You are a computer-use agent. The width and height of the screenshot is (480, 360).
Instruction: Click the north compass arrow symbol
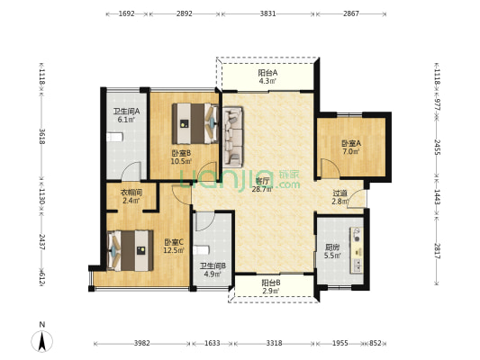click(x=42, y=341)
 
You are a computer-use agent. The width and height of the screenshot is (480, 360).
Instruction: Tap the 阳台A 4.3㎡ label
click(x=267, y=76)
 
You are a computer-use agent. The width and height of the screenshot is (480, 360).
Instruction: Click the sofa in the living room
click(x=232, y=137)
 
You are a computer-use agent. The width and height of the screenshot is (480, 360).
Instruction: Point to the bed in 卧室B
click(x=195, y=123)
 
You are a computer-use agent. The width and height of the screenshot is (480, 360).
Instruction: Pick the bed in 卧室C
click(x=130, y=250)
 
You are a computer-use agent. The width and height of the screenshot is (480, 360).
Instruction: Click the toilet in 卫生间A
click(x=114, y=137)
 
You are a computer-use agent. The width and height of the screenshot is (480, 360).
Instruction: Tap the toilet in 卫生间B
click(x=202, y=250)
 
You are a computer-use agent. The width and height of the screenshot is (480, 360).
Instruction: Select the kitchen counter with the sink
click(x=357, y=249)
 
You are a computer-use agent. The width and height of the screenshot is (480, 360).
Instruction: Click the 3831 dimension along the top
click(x=267, y=13)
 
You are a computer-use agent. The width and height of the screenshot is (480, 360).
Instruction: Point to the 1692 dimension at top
click(x=126, y=13)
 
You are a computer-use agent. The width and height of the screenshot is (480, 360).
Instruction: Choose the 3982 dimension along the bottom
click(x=142, y=343)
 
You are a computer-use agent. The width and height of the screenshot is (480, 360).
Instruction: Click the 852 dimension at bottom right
click(x=376, y=343)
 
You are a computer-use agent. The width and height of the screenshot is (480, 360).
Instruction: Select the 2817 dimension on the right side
click(x=437, y=251)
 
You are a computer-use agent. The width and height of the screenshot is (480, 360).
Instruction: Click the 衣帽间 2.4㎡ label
click(x=131, y=196)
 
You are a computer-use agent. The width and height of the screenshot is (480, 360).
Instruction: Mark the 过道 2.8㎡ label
click(x=340, y=197)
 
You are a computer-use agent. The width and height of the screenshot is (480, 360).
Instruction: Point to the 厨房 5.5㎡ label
click(x=332, y=251)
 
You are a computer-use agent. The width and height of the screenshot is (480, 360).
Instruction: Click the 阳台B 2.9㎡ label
click(x=271, y=286)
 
